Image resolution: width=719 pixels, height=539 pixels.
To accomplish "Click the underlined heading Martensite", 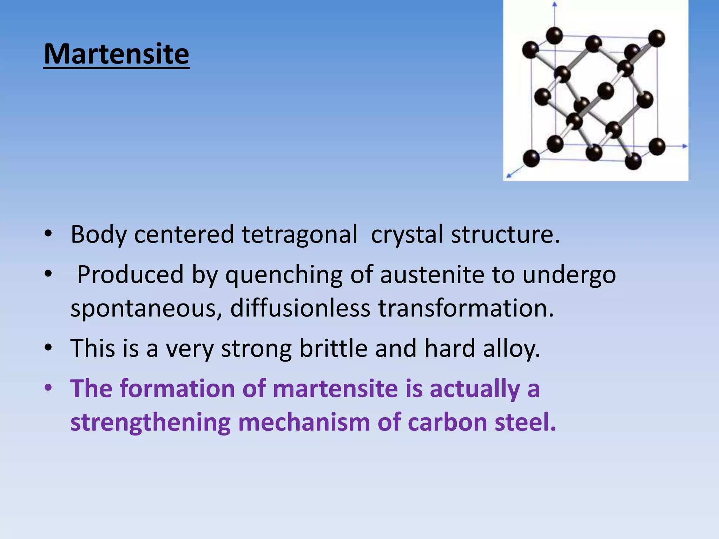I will [x=117, y=54].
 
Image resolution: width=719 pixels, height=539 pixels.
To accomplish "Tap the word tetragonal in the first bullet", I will [x=299, y=234].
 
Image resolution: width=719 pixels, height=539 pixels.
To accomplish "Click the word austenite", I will [x=432, y=274].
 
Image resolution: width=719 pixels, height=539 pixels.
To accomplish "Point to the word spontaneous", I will [x=146, y=309].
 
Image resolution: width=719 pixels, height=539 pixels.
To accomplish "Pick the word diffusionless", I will [x=300, y=308].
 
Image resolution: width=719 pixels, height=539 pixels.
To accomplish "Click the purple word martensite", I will [x=335, y=389].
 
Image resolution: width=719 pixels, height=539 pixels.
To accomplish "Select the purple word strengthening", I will [x=151, y=422].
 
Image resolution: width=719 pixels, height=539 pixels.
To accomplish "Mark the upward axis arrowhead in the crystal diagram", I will [x=555, y=5].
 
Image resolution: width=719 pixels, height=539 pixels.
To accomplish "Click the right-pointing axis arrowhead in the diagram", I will [x=685, y=146].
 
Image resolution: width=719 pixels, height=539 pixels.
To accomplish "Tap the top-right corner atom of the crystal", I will [x=657, y=38].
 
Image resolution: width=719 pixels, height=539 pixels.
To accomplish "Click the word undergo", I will [x=569, y=275].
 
